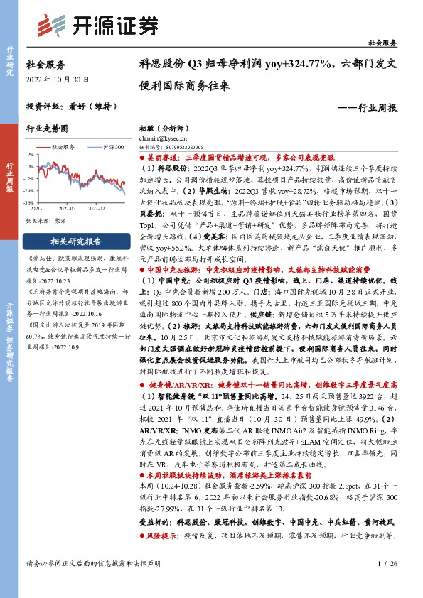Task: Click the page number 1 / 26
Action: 389,583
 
